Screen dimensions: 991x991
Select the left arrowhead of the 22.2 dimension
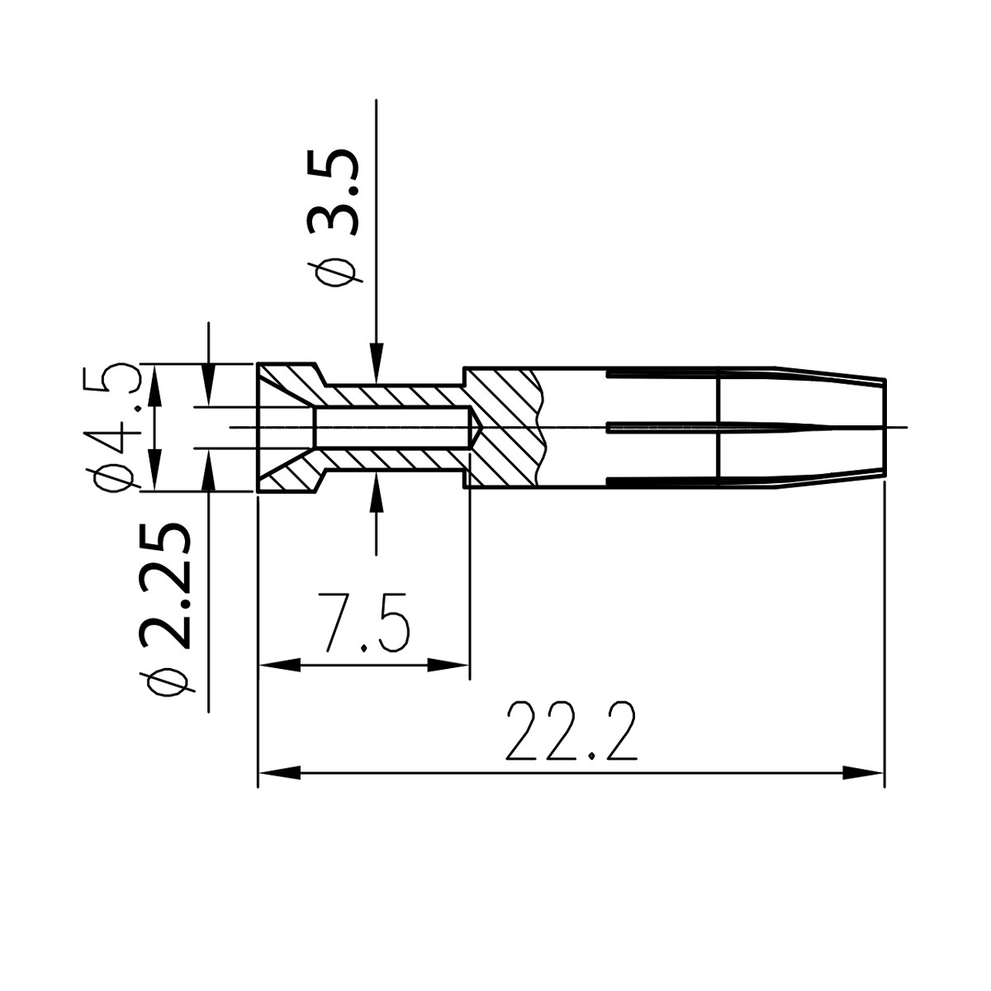click(x=277, y=773)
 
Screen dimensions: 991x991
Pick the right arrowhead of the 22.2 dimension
click(x=864, y=773)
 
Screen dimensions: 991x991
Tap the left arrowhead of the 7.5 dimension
click(x=278, y=665)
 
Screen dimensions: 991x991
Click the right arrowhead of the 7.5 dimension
click(x=450, y=665)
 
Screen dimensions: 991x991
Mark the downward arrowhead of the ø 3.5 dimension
click(x=376, y=364)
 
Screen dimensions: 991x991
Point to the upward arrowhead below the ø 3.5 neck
click(x=376, y=492)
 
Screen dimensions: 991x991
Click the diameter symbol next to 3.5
click(x=334, y=273)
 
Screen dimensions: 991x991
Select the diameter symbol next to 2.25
click(x=165, y=681)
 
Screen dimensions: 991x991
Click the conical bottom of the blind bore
click(x=477, y=427)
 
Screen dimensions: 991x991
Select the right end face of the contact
click(x=884, y=427)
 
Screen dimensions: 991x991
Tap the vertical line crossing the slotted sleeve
click(x=719, y=427)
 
